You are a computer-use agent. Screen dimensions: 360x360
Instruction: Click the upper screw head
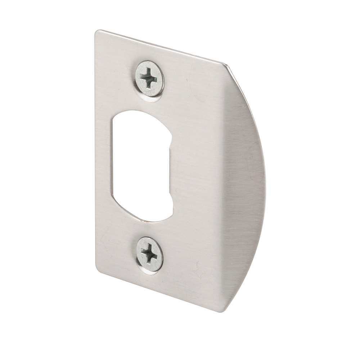pyautogui.click(x=149, y=78)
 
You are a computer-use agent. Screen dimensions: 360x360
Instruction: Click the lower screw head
pyautogui.click(x=149, y=254)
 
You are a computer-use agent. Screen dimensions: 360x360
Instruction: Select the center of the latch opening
pyautogui.click(x=141, y=166)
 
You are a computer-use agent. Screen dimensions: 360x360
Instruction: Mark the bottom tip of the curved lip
pyautogui.click(x=222, y=311)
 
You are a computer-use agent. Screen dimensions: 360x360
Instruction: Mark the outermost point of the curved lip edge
pyautogui.click(x=265, y=180)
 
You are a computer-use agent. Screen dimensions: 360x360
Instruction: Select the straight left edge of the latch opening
pyautogui.click(x=113, y=158)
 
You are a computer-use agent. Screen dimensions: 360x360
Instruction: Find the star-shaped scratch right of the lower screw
pyautogui.click(x=197, y=269)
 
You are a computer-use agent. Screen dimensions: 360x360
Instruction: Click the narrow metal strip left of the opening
pyautogui.click(x=104, y=162)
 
